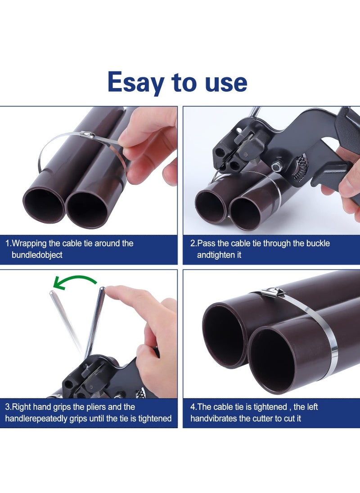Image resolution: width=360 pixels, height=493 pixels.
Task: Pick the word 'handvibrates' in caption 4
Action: (212, 418)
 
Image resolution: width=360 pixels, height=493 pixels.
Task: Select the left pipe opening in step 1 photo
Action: (44, 205)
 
